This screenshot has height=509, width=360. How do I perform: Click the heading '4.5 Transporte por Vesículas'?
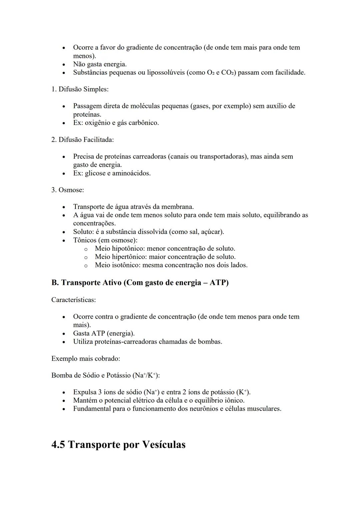(x=118, y=445)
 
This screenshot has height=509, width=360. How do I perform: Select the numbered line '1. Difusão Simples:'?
(x=80, y=89)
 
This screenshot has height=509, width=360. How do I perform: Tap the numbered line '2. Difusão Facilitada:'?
(x=82, y=140)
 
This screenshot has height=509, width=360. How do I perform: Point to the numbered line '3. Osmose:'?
(x=67, y=190)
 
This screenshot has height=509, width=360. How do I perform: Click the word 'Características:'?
(x=73, y=300)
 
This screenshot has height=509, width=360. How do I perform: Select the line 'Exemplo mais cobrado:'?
(x=85, y=359)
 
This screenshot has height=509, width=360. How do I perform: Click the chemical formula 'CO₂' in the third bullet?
(x=228, y=73)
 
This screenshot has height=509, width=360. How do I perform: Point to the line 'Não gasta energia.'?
(x=100, y=64)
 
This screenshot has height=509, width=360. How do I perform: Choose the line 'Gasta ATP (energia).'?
(x=104, y=333)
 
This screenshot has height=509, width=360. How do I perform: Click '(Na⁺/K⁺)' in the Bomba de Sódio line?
(x=146, y=376)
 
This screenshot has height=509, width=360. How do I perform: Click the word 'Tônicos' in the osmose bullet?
(x=84, y=240)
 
